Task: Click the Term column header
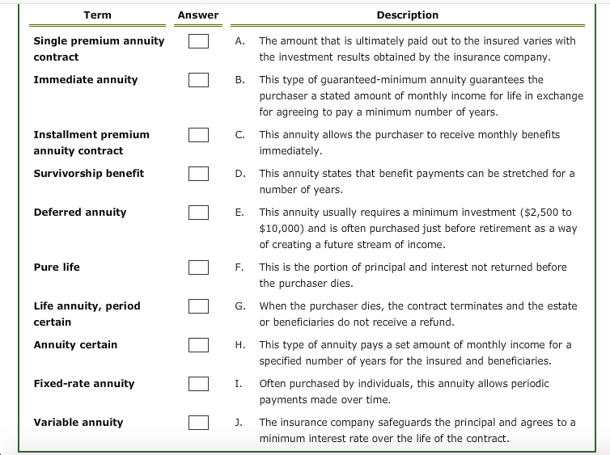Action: (x=97, y=15)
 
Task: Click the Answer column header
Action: (x=198, y=15)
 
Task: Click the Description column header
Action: (x=407, y=15)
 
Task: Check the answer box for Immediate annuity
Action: (x=199, y=80)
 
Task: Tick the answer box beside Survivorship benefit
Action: (x=199, y=174)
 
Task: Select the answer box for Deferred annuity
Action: (x=199, y=213)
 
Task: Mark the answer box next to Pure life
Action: (x=199, y=268)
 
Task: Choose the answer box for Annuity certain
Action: (x=199, y=345)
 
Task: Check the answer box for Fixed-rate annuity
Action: (x=199, y=384)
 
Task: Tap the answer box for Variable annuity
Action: (x=199, y=423)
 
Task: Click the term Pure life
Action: (x=57, y=268)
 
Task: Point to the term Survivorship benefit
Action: (x=88, y=174)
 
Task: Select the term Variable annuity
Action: (x=78, y=423)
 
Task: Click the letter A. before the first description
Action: (x=239, y=41)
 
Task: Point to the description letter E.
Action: (x=239, y=213)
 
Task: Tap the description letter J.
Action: (x=239, y=423)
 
